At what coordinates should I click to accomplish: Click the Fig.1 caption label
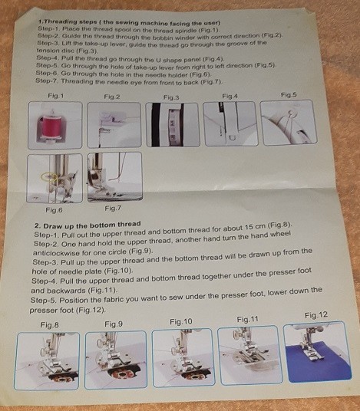55,96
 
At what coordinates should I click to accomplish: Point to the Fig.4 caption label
230,95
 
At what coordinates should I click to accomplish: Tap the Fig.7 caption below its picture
113,209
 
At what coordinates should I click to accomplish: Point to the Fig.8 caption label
50,324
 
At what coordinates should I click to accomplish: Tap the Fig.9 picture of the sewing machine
115,359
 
